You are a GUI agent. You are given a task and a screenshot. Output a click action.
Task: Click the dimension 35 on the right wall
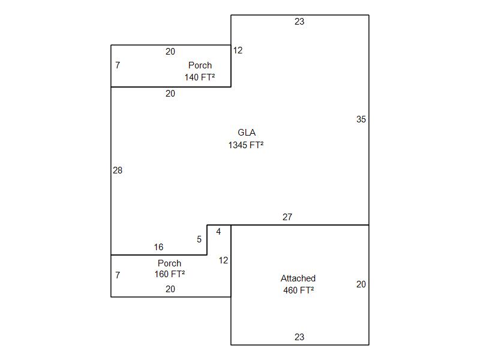tap(361, 119)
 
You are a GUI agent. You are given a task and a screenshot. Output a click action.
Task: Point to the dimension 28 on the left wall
tap(118, 170)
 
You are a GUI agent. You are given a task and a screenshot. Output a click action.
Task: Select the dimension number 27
tap(287, 217)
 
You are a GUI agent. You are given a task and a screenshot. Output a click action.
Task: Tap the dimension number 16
tap(158, 247)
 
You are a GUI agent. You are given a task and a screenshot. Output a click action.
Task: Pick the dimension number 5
tap(199, 239)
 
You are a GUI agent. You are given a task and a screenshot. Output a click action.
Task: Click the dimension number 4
tap(218, 232)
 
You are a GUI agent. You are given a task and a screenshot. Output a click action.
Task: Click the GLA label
tap(247, 133)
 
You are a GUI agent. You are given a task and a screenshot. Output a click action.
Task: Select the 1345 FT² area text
tap(246, 145)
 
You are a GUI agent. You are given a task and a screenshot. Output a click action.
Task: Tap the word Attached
tap(298, 278)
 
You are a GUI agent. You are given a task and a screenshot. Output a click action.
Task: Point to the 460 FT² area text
tap(298, 290)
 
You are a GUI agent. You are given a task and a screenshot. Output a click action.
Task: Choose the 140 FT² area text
tap(200, 77)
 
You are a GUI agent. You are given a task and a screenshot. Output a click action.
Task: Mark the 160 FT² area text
tap(170, 274)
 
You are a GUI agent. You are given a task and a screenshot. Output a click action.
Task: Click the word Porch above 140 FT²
tap(200, 65)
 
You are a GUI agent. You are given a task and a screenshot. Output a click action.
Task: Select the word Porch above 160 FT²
tap(169, 263)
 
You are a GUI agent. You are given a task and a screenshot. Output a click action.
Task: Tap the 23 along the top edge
tap(299, 22)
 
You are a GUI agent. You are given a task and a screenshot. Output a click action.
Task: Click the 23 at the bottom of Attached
tap(299, 337)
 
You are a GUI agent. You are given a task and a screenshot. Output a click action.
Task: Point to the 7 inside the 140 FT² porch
tap(118, 65)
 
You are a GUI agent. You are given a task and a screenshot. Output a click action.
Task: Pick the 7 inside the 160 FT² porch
tap(118, 275)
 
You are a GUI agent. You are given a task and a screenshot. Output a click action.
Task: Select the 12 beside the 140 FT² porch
tap(238, 50)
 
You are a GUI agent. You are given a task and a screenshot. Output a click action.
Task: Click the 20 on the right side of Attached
tap(361, 284)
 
